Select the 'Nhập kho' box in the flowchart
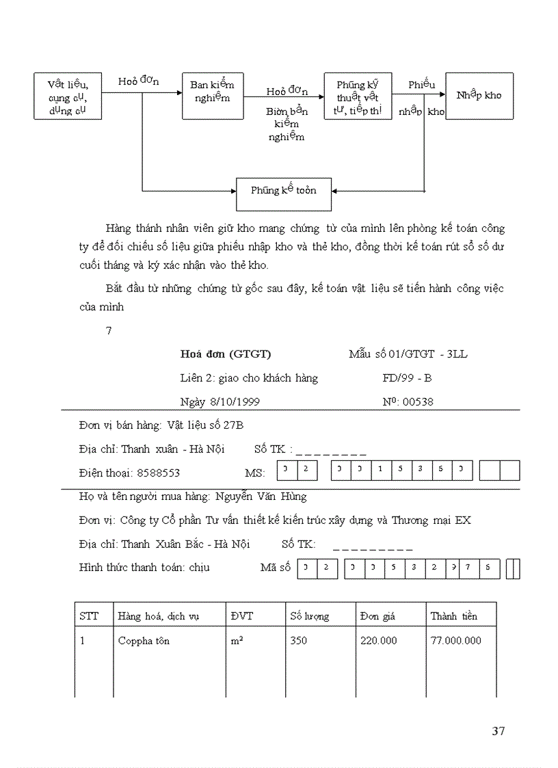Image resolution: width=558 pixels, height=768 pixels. pyautogui.click(x=479, y=95)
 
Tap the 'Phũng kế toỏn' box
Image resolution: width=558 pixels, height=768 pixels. pyautogui.click(x=283, y=194)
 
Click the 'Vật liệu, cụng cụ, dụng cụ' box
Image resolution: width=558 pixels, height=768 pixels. pyautogui.click(x=68, y=96)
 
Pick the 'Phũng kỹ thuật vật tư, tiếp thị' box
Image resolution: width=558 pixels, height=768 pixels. pyautogui.click(x=358, y=96)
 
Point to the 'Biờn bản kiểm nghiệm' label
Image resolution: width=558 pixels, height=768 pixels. pyautogui.click(x=287, y=124)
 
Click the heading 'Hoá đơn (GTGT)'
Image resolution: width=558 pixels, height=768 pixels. pyautogui.click(x=226, y=354)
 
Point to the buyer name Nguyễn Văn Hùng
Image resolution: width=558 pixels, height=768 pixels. pyautogui.click(x=261, y=496)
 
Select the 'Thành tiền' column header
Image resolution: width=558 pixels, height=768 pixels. pyautogui.click(x=453, y=616)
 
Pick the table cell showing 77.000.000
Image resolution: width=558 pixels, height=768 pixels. pyautogui.click(x=455, y=641)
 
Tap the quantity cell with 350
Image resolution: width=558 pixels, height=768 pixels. pyautogui.click(x=299, y=641)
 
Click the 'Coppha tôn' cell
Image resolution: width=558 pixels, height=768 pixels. pyautogui.click(x=144, y=641)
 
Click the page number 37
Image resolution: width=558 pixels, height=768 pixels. pyautogui.click(x=498, y=731)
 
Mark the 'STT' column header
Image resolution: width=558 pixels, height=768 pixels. pyautogui.click(x=89, y=616)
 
